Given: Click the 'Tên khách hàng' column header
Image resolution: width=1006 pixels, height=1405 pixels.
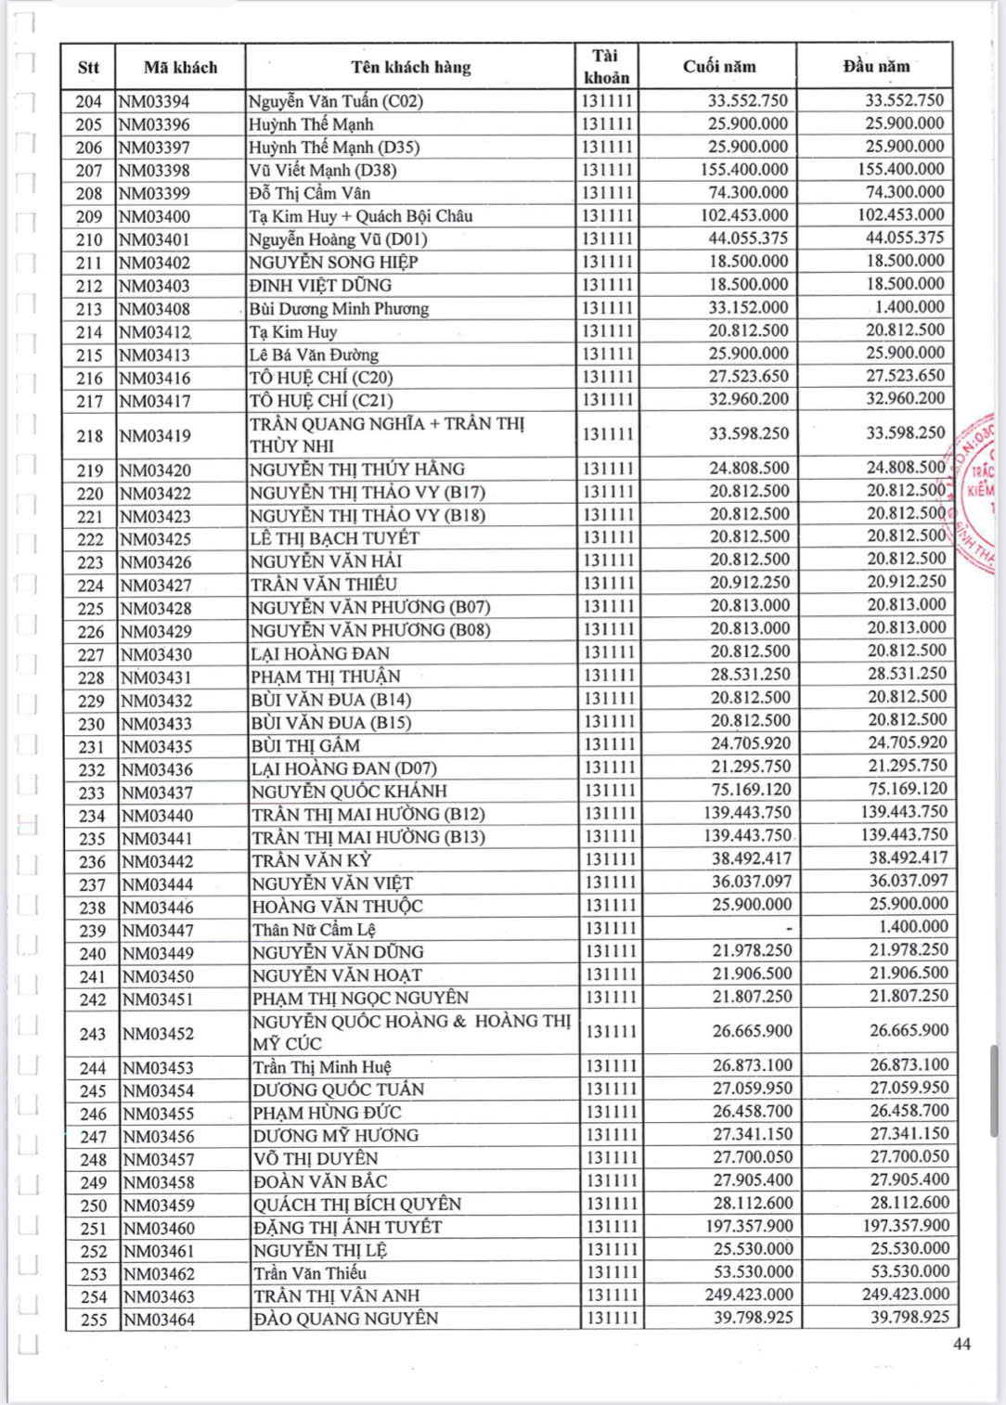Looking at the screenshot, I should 410,67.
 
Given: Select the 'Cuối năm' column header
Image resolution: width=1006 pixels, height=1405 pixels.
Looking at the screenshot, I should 719,67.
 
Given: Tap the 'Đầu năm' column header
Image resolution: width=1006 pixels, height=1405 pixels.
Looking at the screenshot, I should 875,67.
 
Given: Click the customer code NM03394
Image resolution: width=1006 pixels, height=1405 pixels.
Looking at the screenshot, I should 154,101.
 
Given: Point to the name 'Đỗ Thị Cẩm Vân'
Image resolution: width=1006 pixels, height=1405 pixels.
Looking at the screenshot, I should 309,193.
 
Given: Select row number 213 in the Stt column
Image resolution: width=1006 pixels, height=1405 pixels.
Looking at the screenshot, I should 89,309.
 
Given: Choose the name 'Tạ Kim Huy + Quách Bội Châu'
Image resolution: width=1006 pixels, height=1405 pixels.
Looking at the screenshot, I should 361,216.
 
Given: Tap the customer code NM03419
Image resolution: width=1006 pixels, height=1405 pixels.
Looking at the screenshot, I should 156,435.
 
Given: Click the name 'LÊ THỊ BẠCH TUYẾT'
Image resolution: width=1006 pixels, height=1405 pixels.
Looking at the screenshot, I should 335,538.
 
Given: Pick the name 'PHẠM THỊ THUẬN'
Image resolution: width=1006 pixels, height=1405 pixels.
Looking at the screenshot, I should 326,677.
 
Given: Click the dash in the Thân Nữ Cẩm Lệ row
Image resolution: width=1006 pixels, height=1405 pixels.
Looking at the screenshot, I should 789,928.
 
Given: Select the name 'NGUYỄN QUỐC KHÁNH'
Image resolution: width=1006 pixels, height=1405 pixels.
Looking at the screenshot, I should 349,792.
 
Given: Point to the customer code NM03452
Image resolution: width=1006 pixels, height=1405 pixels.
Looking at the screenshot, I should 158,1034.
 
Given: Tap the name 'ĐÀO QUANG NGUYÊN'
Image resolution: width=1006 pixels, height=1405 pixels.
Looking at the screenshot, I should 345,1319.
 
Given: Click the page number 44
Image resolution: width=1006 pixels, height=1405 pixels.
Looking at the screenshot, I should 961,1344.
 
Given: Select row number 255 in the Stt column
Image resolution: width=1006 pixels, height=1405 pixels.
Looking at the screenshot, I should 93,1320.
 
